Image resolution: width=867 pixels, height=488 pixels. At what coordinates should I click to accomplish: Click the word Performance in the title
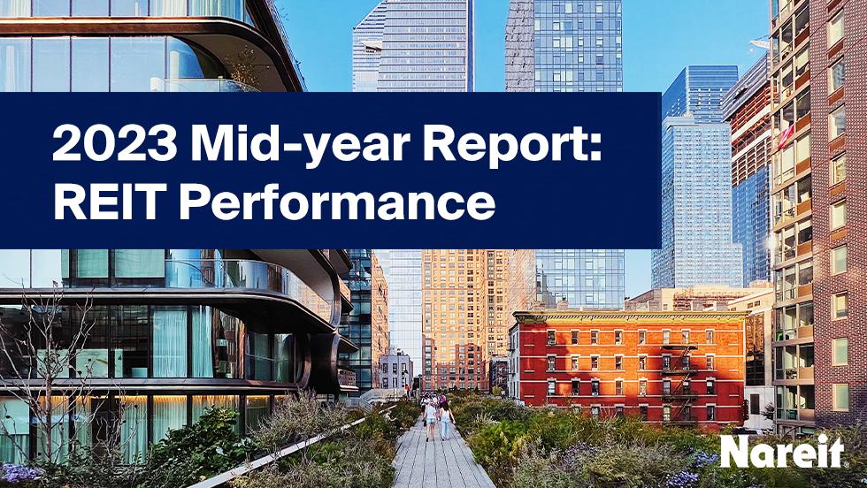tap(335, 202)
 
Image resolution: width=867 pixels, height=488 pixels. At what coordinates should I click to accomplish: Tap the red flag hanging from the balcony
tap(784, 133)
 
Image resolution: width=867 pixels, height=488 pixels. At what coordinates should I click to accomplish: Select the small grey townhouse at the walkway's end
tap(394, 371)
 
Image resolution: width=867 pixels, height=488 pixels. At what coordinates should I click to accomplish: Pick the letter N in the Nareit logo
tap(736, 453)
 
